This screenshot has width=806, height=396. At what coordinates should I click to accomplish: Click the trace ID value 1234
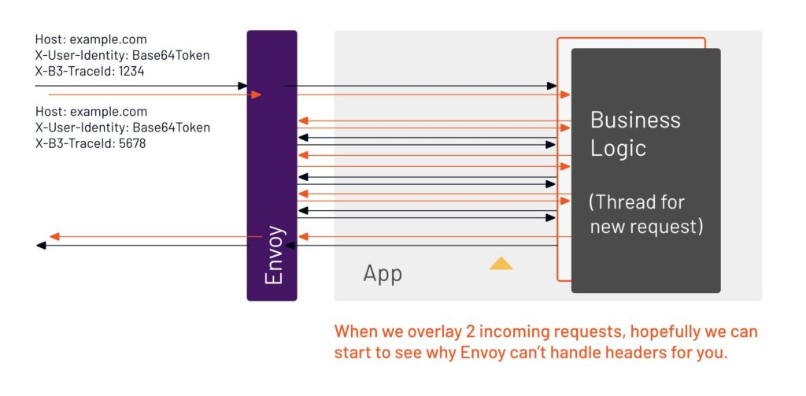(x=131, y=71)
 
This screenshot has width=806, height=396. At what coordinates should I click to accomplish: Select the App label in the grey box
(x=383, y=273)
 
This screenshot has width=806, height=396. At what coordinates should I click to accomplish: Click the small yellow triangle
(x=501, y=263)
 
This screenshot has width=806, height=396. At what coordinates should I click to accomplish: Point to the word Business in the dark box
(x=635, y=120)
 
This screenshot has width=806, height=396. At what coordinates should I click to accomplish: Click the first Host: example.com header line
(x=91, y=39)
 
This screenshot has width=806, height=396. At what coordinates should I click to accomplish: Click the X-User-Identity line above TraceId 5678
(x=122, y=128)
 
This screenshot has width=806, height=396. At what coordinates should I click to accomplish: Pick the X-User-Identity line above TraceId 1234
(x=122, y=55)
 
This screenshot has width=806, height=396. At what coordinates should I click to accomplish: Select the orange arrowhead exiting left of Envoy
(x=54, y=236)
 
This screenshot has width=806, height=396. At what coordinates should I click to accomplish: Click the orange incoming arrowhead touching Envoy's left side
(x=255, y=94)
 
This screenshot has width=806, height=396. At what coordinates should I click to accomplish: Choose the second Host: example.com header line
(x=91, y=112)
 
